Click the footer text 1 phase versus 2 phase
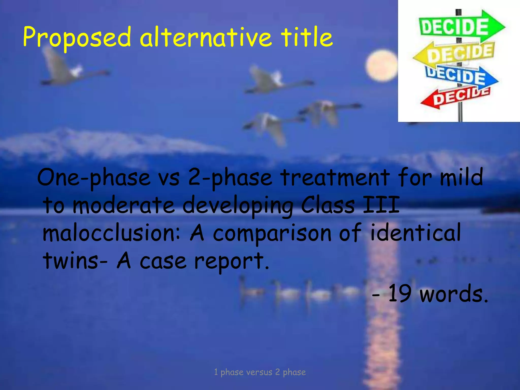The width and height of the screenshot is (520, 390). click(260, 372)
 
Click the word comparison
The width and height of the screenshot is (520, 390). click(272, 234)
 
